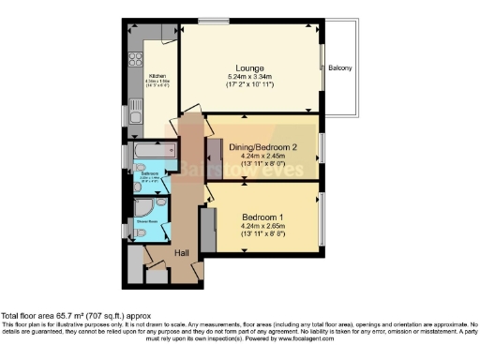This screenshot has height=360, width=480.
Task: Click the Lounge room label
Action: click(249, 68)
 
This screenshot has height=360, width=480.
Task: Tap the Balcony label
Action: click(338, 67)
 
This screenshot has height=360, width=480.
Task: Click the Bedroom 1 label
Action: click(263, 217)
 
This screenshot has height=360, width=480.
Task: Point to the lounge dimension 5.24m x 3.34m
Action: click(249, 78)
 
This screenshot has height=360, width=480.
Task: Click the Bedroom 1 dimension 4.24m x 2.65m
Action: click(263, 226)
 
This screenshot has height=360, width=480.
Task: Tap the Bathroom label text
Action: click(150, 174)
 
